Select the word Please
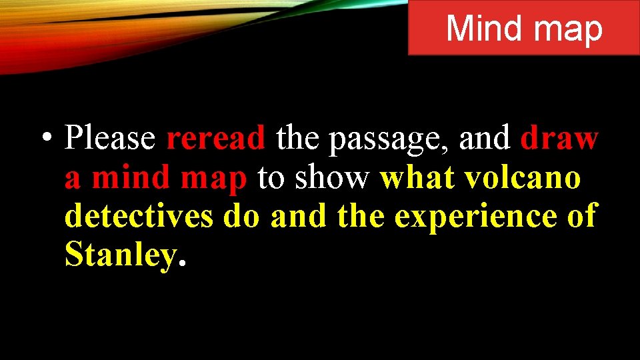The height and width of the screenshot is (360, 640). pos(110,139)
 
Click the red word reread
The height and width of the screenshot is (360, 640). pos(215,139)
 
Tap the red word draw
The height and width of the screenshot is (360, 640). pos(559,139)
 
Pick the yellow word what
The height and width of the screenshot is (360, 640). pos(417,178)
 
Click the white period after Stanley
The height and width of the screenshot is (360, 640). pos(181,264)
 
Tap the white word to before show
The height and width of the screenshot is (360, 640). pos(271,179)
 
